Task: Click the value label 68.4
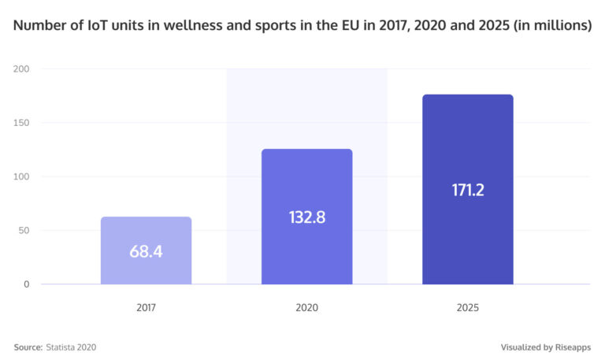(x=146, y=252)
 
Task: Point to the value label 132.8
(x=306, y=217)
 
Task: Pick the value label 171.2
(x=467, y=190)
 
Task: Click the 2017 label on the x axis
(x=146, y=307)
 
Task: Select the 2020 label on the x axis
(x=306, y=307)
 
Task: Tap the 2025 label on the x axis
(x=467, y=307)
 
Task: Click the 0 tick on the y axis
(x=26, y=284)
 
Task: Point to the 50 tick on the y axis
(x=24, y=231)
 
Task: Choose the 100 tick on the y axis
(x=21, y=176)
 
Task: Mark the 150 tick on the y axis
(x=21, y=123)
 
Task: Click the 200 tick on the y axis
(x=21, y=69)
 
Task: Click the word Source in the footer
(x=28, y=347)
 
